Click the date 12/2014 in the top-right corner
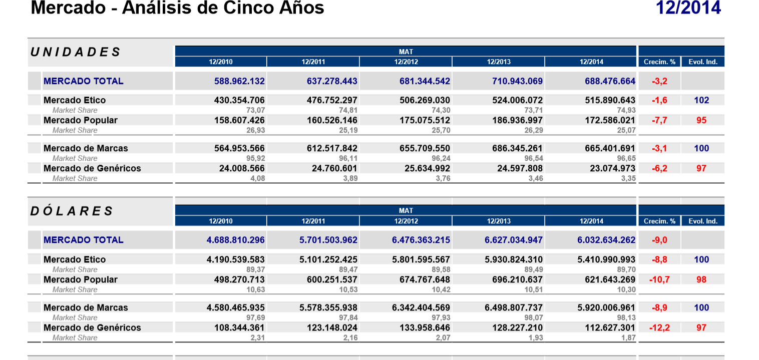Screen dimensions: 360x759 tap(688, 8)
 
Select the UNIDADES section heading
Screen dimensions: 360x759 tap(76, 52)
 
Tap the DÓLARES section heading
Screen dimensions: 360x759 tap(72, 211)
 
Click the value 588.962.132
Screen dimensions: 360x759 tap(239, 81)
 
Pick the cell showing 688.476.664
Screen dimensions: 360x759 tap(610, 81)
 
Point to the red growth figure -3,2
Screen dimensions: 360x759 tap(659, 81)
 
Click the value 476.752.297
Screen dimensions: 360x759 tap(332, 100)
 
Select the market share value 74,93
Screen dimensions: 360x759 tap(626, 110)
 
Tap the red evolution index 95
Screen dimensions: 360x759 tap(701, 120)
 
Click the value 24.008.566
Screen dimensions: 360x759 tap(242, 168)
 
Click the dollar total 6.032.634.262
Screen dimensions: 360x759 tap(606, 240)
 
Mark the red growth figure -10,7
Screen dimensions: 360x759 tap(659, 279)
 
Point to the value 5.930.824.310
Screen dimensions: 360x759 tap(514, 259)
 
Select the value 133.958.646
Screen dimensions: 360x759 tap(425, 327)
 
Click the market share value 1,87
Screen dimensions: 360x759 tap(628, 338)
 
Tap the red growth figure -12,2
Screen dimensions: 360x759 tap(659, 327)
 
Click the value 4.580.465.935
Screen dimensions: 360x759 tap(235, 307)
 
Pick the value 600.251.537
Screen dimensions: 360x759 tap(332, 279)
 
